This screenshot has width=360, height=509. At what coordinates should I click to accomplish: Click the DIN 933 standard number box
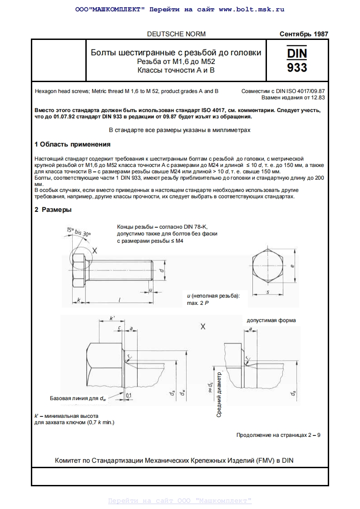pyautogui.click(x=297, y=60)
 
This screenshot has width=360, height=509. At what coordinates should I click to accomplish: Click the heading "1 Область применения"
pyautogui.click(x=73, y=144)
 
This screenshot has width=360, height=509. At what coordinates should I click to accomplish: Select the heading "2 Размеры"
pyautogui.click(x=53, y=210)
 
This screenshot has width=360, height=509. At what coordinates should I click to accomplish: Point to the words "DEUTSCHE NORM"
pyautogui.click(x=176, y=34)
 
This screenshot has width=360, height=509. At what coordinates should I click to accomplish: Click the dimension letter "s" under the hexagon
pyautogui.click(x=267, y=292)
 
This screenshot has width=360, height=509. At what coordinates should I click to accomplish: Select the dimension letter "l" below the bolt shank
pyautogui.click(x=119, y=299)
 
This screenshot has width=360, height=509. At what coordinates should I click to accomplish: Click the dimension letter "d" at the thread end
pyautogui.click(x=162, y=270)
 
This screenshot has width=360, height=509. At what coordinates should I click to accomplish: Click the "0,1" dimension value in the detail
pyautogui.click(x=128, y=395)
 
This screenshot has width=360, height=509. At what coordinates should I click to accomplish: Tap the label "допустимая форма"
pyautogui.click(x=271, y=320)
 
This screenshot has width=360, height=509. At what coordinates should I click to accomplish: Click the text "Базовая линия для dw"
pyautogui.click(x=78, y=398)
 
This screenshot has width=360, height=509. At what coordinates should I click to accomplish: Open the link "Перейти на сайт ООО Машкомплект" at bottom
pyautogui.click(x=180, y=501)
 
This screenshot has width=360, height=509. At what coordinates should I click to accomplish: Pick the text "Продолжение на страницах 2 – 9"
pyautogui.click(x=278, y=435)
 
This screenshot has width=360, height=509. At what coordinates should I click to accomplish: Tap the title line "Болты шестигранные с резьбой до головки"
pyautogui.click(x=176, y=53)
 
